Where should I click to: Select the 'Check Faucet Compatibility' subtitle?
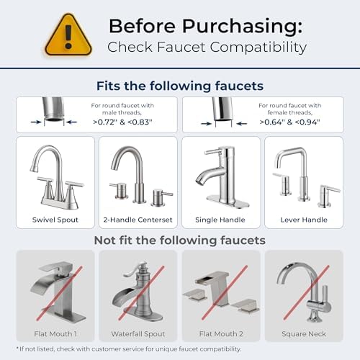207,48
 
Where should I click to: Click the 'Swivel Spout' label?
55,219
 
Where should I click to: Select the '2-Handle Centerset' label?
138,219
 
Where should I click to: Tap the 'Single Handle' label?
220,219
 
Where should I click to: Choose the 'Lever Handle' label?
303,219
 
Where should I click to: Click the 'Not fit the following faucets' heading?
179,240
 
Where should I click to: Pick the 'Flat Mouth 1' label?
55,333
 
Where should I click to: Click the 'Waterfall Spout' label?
138,333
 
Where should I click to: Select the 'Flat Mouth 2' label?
220,333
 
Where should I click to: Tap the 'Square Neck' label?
303,333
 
